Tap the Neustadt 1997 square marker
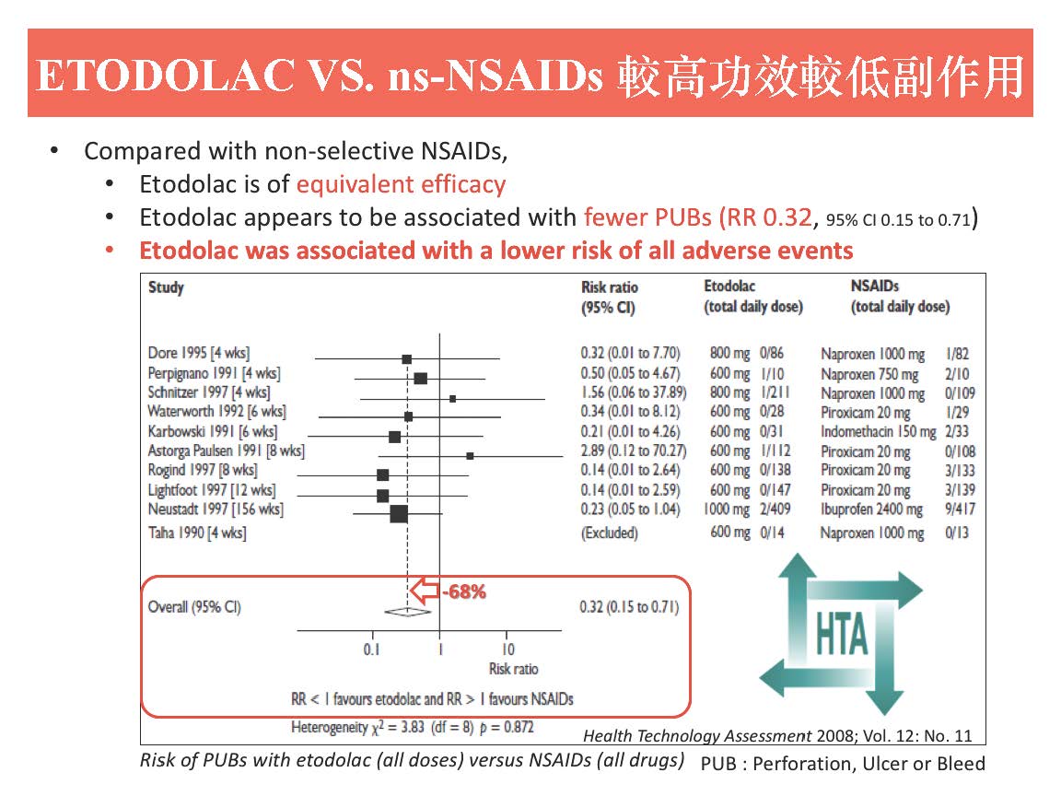399,513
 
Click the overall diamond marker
407,609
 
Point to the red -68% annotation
464,591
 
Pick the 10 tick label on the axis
507,649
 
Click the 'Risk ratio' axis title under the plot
513,669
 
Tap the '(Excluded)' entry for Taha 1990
609,533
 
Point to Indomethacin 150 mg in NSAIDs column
878,432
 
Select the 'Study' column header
166,287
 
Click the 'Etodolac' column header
729,287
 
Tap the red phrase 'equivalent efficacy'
401,184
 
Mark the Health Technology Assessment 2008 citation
777,735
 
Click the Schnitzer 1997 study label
209,392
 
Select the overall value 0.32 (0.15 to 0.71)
629,607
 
